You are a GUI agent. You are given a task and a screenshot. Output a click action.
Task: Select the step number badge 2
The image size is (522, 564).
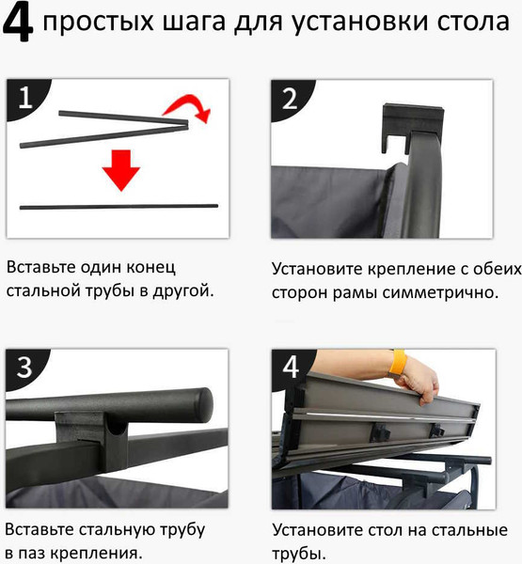(288, 98)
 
